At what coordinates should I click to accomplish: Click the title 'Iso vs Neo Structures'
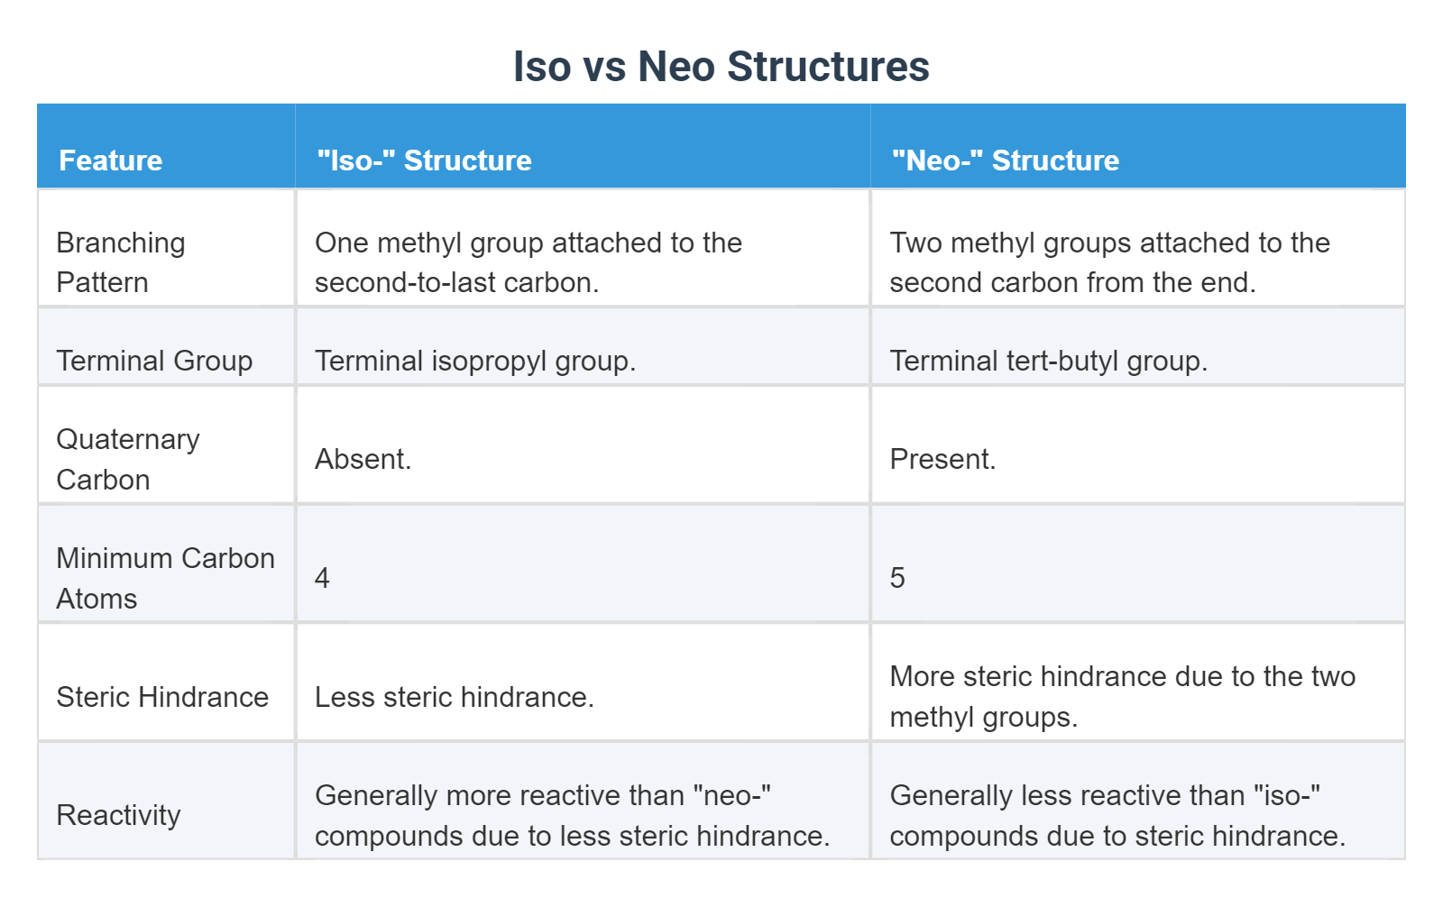coord(721,67)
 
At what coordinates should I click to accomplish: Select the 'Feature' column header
coord(110,160)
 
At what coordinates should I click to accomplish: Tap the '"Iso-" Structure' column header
coord(424,160)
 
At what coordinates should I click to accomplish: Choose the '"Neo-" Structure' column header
coord(1005,160)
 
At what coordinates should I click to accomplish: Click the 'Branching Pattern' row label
coord(120,262)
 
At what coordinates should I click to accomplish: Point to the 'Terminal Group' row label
coord(154,361)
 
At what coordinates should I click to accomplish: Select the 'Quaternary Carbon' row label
coord(127,459)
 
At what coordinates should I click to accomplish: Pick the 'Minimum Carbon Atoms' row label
coord(165,578)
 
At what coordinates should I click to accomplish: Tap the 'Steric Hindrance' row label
coord(162,697)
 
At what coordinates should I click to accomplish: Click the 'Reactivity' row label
coord(118,815)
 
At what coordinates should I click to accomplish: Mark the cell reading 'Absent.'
coord(363,459)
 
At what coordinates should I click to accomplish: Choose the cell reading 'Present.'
coord(942,459)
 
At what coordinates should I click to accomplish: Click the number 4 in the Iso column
coord(322,578)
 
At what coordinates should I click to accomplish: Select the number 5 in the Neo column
coord(897,578)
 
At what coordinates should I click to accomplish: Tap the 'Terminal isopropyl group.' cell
coord(475,361)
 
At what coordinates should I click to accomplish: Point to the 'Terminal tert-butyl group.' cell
coord(1048,361)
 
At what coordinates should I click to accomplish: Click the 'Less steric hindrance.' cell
coord(454,697)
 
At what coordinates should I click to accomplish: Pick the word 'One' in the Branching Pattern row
coord(341,243)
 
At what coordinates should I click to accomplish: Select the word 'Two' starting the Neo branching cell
coord(915,243)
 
